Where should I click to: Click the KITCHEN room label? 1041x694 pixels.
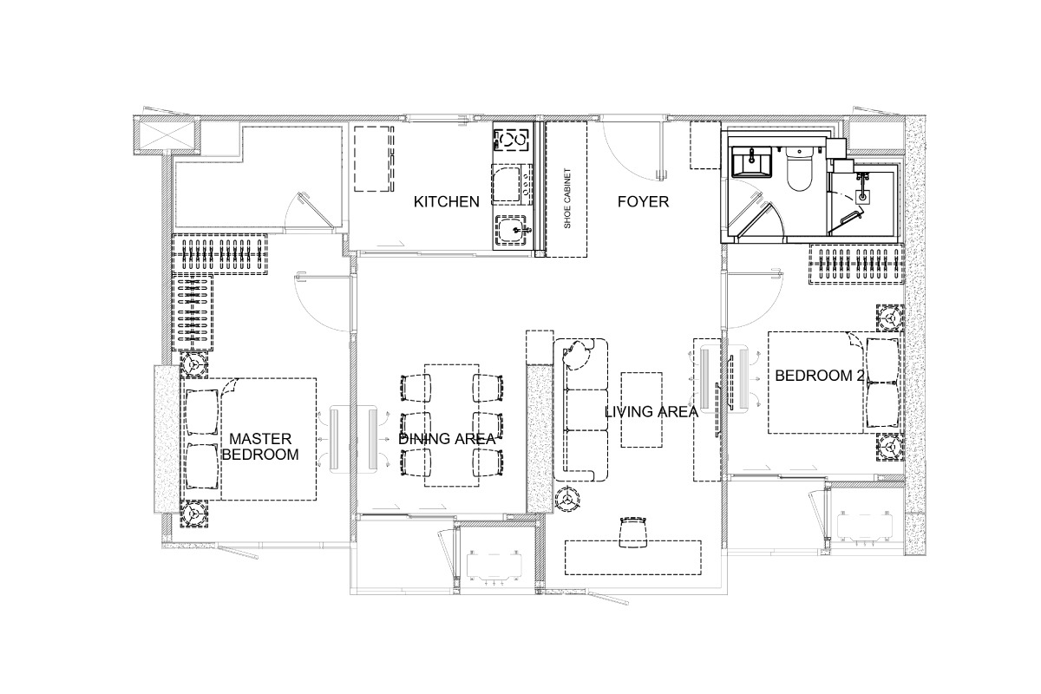click(446, 202)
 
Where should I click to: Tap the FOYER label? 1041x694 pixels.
click(643, 202)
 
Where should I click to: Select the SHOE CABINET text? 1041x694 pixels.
click(567, 199)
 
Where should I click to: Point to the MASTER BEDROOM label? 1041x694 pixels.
click(260, 446)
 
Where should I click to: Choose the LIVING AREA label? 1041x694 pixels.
click(651, 411)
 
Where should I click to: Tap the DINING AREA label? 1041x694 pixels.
click(447, 439)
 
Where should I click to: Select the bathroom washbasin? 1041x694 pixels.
click(751, 161)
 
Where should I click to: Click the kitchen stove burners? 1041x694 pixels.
click(512, 140)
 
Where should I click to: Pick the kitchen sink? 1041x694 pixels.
click(513, 230)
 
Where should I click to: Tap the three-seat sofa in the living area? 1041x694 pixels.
click(581, 409)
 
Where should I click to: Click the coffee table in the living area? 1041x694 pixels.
click(641, 409)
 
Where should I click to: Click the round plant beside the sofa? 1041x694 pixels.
click(567, 499)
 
